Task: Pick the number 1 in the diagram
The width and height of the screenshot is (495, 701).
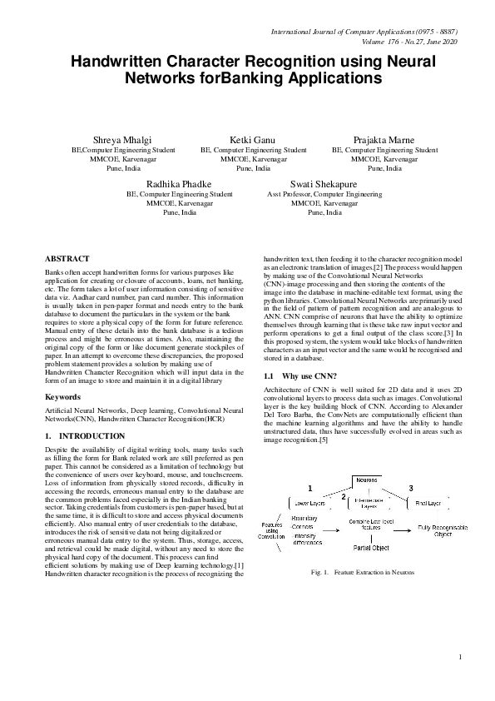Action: [x=310, y=487]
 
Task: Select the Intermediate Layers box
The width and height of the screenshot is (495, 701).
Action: [x=367, y=503]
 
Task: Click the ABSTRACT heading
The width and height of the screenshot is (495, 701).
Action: [x=67, y=259]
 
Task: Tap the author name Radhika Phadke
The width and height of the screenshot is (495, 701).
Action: [x=179, y=183]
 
